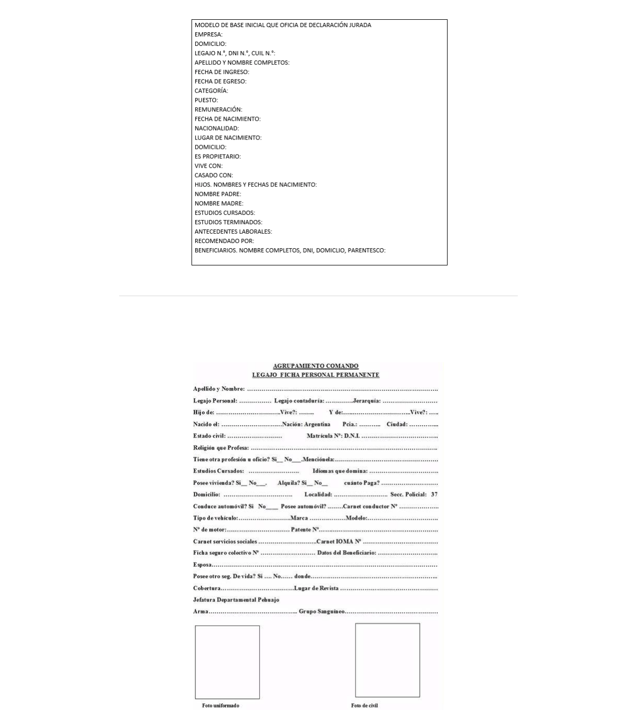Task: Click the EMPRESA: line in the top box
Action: (x=208, y=34)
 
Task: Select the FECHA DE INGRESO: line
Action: (x=222, y=72)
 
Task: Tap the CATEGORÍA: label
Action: (x=211, y=91)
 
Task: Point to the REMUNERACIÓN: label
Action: (x=218, y=109)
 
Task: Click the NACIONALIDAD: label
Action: (x=216, y=128)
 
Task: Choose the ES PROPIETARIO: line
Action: (x=218, y=156)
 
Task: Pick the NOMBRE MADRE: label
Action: (x=219, y=204)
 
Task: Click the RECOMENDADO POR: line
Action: (x=224, y=241)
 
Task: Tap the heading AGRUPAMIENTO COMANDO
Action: (x=315, y=366)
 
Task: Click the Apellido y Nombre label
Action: (x=219, y=389)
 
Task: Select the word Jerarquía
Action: (x=366, y=401)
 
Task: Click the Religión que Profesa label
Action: (x=221, y=448)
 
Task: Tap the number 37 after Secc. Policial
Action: (x=434, y=494)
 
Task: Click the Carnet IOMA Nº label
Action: (x=338, y=541)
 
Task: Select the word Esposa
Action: (x=202, y=565)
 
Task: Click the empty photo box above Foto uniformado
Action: (x=227, y=662)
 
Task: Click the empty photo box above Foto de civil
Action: (x=387, y=660)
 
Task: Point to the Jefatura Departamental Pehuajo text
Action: (x=236, y=600)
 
